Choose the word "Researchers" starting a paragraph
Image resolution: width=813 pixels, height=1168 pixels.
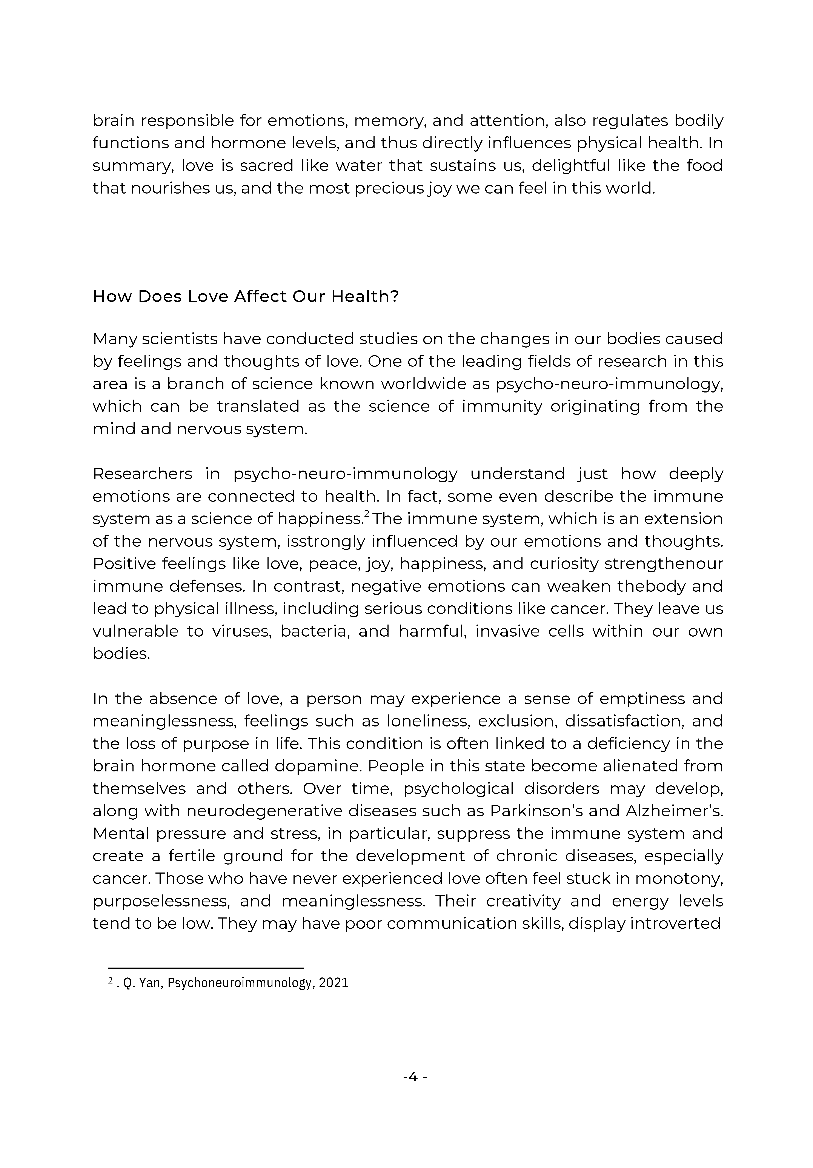point(143,474)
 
